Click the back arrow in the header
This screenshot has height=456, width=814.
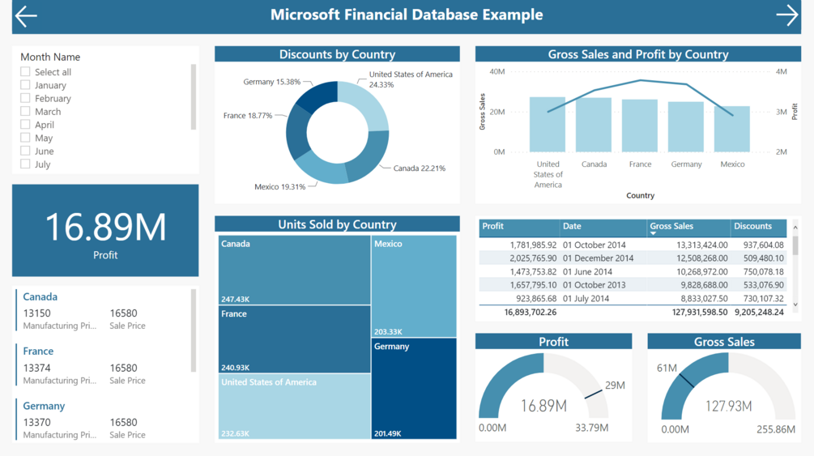26,16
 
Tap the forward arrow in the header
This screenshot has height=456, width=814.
786,15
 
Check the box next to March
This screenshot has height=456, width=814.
25,111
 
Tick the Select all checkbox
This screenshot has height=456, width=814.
25,71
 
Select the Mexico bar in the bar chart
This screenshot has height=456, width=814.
732,130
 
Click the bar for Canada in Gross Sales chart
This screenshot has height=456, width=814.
594,125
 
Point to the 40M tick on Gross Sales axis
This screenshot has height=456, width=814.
496,71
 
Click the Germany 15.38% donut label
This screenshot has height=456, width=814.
271,82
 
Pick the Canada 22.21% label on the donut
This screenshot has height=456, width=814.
419,168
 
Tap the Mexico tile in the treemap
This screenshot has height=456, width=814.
414,286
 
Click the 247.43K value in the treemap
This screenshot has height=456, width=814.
236,300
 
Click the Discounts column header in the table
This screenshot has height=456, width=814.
752,227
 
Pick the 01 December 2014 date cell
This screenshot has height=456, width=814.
599,258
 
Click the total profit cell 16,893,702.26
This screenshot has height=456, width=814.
531,312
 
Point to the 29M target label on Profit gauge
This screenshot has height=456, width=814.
615,386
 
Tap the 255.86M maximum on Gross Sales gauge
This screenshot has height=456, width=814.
774,429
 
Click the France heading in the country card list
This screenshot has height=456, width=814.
38,352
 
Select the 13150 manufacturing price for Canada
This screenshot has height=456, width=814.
36,313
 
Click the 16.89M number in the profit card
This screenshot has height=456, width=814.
105,227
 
